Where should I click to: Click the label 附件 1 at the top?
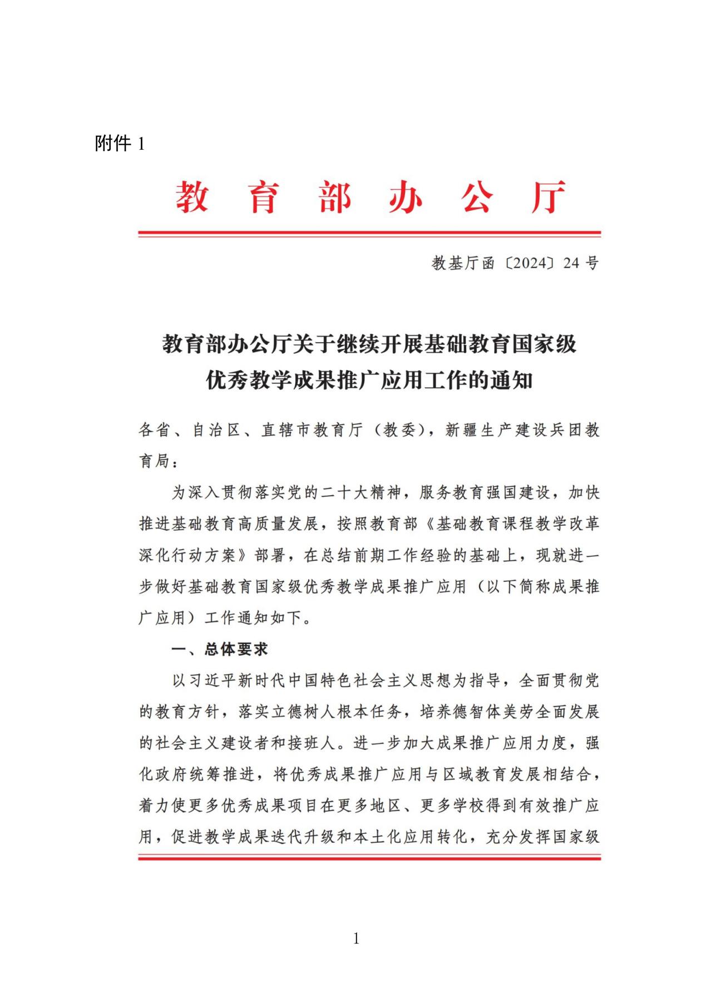120,144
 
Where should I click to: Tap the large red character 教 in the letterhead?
192,197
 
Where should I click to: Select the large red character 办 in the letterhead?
405,197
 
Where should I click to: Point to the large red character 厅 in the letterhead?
548,197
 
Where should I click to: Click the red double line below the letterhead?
369,234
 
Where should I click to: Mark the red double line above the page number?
369,859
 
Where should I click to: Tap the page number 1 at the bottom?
356,939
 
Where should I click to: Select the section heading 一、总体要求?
220,649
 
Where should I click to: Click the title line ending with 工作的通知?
369,381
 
